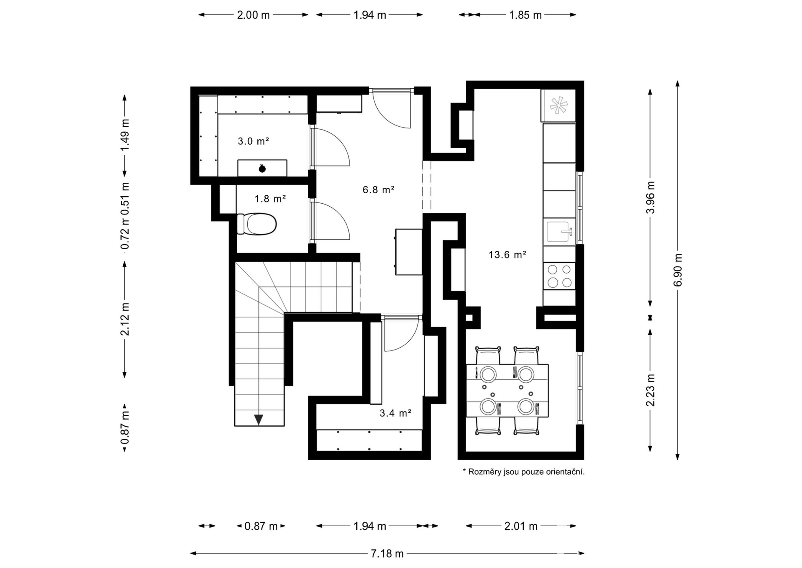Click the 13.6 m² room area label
point(507,254)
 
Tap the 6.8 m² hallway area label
point(378,190)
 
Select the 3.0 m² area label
point(253,141)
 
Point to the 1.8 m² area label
point(270,199)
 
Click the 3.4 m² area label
point(396,413)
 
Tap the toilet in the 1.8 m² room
point(256,224)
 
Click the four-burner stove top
point(559,276)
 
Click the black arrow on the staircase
point(259,420)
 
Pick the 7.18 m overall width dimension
point(387,553)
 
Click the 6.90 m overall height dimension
point(678,270)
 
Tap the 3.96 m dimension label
point(650,197)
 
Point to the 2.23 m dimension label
point(650,390)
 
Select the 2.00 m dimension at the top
point(254,15)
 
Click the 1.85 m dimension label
point(525,15)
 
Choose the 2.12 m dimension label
point(125,319)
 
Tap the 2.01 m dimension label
point(521,526)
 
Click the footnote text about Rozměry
point(523,472)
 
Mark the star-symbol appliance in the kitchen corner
point(558,105)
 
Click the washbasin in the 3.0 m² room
point(262,168)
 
